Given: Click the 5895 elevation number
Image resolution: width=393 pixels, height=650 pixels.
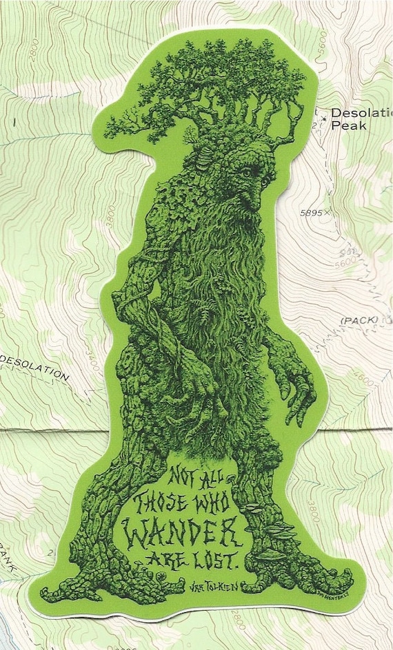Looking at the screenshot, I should click(x=312, y=213).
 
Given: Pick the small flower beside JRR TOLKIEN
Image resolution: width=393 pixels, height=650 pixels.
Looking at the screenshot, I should click(x=163, y=575).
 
